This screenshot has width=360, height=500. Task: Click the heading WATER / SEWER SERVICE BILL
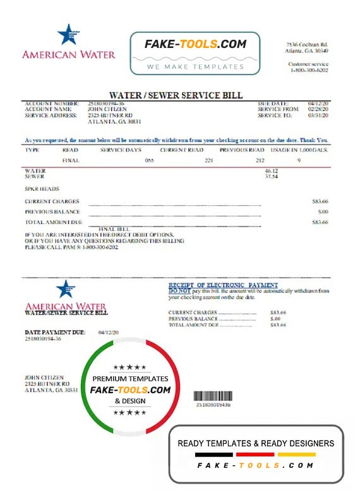coord(176,95)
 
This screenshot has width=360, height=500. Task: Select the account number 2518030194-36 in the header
coord(105,103)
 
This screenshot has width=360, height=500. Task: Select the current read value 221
coord(209,161)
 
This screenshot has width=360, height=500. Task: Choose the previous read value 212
coord(261,161)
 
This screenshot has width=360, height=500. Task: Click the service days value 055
coord(149,161)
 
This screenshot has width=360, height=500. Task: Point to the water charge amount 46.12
coord(272,171)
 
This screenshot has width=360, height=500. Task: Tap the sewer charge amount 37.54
coord(272,177)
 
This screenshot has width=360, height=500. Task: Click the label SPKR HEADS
coord(42,189)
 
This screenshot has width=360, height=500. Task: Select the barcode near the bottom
coord(213,396)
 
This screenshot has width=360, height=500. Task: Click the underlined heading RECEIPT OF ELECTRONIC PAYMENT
coord(223,285)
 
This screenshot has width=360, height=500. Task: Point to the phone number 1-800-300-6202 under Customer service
coord(310,70)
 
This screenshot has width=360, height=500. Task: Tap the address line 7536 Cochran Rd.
coord(308,44)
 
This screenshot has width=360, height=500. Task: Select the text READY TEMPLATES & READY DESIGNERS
coord(256,443)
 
